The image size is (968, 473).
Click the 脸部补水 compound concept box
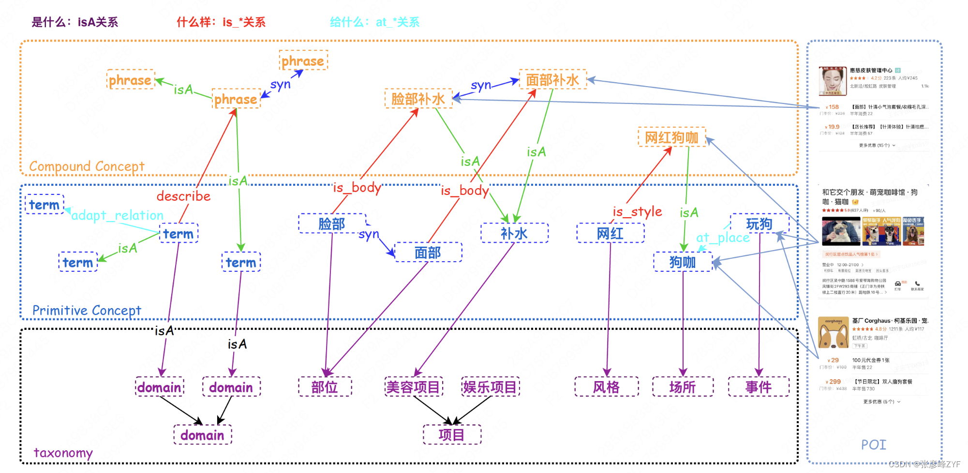[x=418, y=99]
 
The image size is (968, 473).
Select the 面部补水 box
[x=552, y=80]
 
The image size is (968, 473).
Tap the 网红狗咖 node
[x=671, y=137]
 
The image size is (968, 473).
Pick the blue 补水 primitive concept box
[x=514, y=234]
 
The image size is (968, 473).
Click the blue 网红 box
[x=610, y=234]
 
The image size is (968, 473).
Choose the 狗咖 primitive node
[x=682, y=262]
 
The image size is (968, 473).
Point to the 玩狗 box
[x=759, y=224]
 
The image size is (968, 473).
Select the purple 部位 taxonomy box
[x=325, y=387]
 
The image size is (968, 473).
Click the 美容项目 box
[x=413, y=387]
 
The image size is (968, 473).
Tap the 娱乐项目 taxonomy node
[x=490, y=387]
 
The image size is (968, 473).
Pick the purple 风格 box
[x=606, y=387]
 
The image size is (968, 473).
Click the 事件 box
[x=758, y=387]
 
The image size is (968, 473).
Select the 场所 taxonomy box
[x=682, y=387]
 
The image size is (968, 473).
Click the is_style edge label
[x=637, y=212]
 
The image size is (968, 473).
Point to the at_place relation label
[x=723, y=237]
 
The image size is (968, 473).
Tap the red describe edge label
[x=183, y=196]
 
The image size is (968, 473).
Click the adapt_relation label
[x=117, y=215]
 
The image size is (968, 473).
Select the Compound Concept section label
[x=87, y=166]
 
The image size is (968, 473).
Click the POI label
[x=873, y=444]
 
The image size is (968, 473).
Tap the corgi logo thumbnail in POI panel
[x=833, y=333]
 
